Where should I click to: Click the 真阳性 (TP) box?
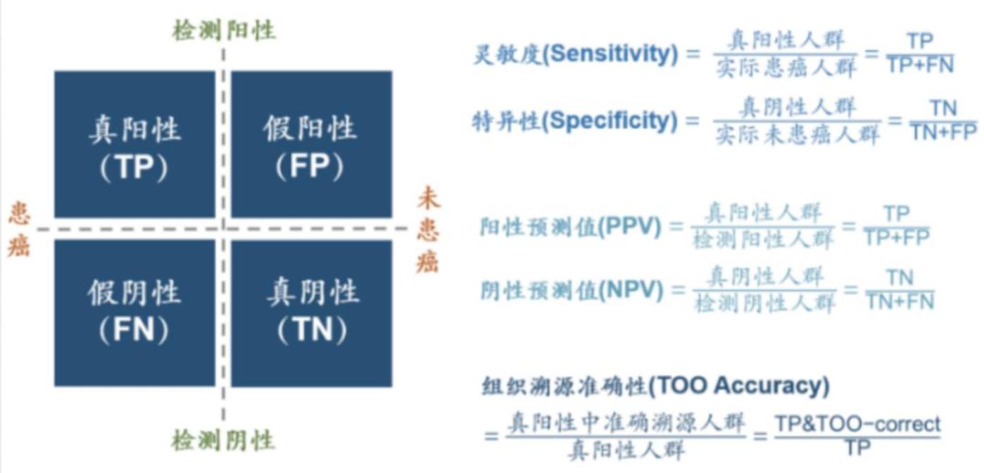coord(134,144)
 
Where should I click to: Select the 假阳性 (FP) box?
coord(311,144)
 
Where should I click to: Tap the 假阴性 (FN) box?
coord(134,313)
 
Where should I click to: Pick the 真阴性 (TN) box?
coord(311,313)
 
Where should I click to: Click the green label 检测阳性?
coord(224,30)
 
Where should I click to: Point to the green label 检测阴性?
coord(223,441)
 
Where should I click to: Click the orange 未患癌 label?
coord(427,230)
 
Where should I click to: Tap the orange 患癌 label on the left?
coord(19,230)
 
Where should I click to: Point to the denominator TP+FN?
coord(920,65)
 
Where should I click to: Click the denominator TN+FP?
coord(943,132)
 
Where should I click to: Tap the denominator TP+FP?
coord(896,238)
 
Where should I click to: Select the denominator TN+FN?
coord(900,302)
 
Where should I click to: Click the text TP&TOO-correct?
coord(857,424)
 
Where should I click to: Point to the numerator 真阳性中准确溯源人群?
coord(626,424)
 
